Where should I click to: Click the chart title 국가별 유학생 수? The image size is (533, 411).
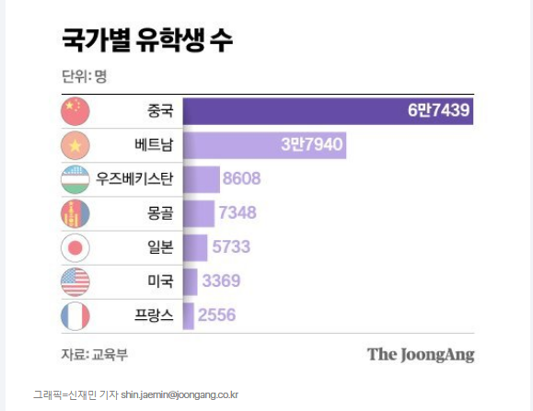tap(146, 40)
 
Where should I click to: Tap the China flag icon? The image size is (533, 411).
tap(75, 111)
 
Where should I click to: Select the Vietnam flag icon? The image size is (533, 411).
tap(75, 145)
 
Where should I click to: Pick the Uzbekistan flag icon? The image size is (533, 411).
tap(75, 179)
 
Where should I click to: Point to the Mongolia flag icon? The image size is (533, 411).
tap(75, 213)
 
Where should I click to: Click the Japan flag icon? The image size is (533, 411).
tap(75, 247)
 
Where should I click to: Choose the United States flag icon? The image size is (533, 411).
tap(75, 281)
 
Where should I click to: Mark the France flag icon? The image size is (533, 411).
tap(75, 315)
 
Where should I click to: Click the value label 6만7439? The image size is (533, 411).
tap(438, 111)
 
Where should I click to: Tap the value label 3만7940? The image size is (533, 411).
tap(311, 145)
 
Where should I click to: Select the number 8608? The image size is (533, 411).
tap(242, 179)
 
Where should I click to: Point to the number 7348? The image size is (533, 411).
tap(237, 213)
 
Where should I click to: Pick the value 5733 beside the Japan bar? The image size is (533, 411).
tap(230, 247)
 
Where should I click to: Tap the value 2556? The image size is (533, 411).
tap(216, 315)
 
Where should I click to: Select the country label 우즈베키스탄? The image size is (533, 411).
tap(134, 179)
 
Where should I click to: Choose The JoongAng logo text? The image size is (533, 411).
tap(421, 354)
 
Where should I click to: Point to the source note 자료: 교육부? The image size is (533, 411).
tap(90, 353)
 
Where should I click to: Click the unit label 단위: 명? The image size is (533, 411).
tap(84, 76)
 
